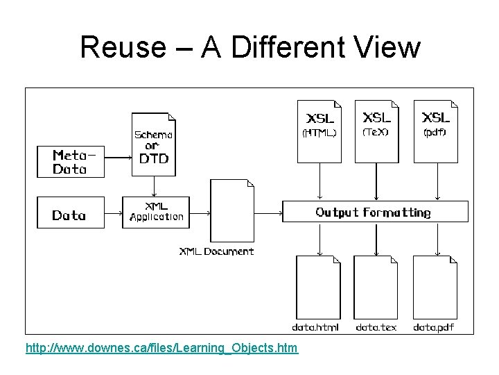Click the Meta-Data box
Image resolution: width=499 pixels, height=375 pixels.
pyautogui.click(x=69, y=162)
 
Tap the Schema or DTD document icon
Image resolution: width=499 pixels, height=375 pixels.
pyautogui.click(x=154, y=143)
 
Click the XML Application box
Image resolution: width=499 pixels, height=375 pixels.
pyautogui.click(x=156, y=212)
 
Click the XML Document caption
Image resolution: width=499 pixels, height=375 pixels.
pyautogui.click(x=217, y=251)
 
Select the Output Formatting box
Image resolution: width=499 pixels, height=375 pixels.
pyautogui.click(x=375, y=212)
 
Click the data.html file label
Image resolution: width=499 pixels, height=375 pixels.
pyautogui.click(x=315, y=327)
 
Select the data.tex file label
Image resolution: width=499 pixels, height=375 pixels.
pyautogui.click(x=376, y=327)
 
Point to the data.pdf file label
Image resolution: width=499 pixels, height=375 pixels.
pyautogui.click(x=434, y=327)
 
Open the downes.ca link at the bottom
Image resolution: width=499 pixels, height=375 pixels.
pyautogui.click(x=161, y=347)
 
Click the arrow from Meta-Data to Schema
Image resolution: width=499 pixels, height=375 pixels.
pyautogui.click(x=117, y=156)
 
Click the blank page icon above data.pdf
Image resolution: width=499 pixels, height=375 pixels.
pyautogui.click(x=435, y=287)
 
